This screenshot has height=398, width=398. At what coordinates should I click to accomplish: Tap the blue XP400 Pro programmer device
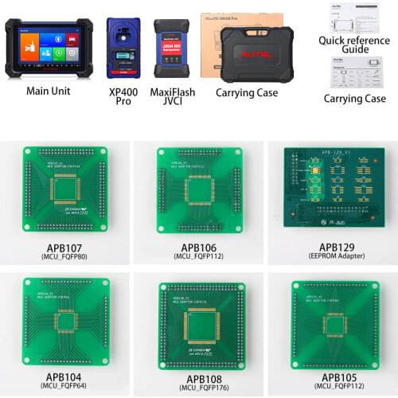click(x=123, y=48)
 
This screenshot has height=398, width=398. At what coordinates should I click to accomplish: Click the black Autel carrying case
click(x=256, y=54)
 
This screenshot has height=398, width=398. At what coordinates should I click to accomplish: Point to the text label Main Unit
click(x=48, y=91)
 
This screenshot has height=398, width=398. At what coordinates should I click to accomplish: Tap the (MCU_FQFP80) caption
click(x=65, y=257)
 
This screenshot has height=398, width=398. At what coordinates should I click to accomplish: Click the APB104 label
click(x=65, y=376)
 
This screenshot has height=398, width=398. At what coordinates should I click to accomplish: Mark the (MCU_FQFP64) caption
click(x=65, y=387)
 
